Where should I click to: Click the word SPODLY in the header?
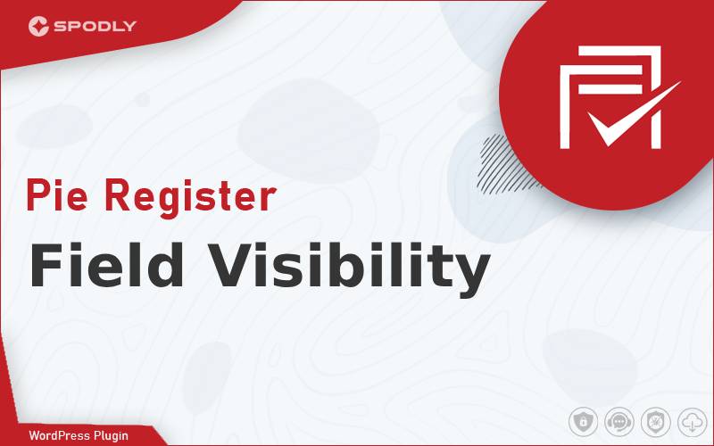[95, 27]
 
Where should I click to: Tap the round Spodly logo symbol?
[38, 26]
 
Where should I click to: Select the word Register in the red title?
[190, 199]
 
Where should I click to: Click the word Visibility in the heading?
[349, 269]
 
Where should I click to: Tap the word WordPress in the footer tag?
[59, 435]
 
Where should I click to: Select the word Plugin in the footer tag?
[111, 436]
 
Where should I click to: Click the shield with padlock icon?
[583, 422]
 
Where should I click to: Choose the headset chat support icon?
[619, 422]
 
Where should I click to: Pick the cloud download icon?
[692, 422]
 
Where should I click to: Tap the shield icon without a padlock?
[656, 422]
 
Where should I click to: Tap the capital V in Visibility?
[230, 264]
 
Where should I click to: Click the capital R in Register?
[118, 195]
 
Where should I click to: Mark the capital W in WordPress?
[35, 435]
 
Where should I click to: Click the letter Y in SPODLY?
[130, 27]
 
